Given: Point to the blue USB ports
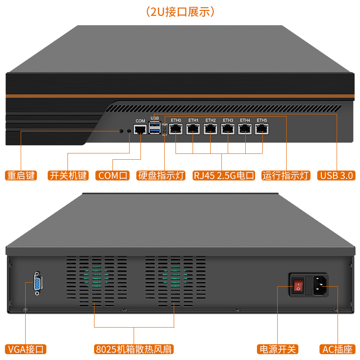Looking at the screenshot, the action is pyautogui.click(x=155, y=127).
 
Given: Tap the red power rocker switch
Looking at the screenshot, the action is pyautogui.click(x=297, y=285).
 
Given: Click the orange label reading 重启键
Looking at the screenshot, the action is pyautogui.click(x=21, y=175).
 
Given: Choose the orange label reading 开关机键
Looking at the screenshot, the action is pyautogui.click(x=68, y=175).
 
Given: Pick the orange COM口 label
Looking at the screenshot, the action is pyautogui.click(x=112, y=175).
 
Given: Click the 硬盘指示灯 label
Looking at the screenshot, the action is pyautogui.click(x=161, y=175).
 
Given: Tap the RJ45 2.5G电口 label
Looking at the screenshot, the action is pyautogui.click(x=224, y=175).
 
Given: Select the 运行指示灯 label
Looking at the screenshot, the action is pyautogui.click(x=286, y=175).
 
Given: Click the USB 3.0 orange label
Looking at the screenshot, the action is pyautogui.click(x=337, y=175).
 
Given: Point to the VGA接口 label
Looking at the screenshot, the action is pyautogui.click(x=26, y=349).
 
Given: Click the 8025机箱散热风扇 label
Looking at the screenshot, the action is pyautogui.click(x=134, y=349).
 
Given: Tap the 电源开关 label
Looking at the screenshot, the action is pyautogui.click(x=278, y=349).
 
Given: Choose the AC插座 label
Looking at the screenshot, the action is pyautogui.click(x=338, y=349).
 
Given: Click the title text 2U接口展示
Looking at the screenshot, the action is pyautogui.click(x=180, y=11).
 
